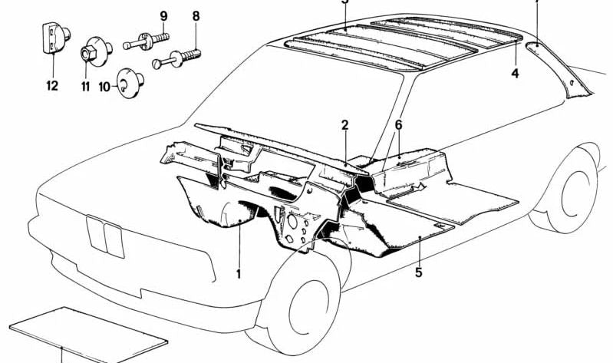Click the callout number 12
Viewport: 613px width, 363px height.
coord(51,86)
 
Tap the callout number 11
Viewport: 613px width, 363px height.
coord(85,86)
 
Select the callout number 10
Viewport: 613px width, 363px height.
coord(105,87)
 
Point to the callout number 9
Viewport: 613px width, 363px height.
coord(163,15)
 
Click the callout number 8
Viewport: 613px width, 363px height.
coord(196,15)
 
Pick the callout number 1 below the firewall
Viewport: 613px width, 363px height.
coord(239,273)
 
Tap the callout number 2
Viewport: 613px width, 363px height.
coord(345,124)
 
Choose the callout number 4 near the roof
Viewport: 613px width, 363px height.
coord(516,74)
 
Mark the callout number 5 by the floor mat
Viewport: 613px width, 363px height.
coord(418,272)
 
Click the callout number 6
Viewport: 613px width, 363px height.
coord(398,124)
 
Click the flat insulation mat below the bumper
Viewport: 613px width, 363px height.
coord(88,331)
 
